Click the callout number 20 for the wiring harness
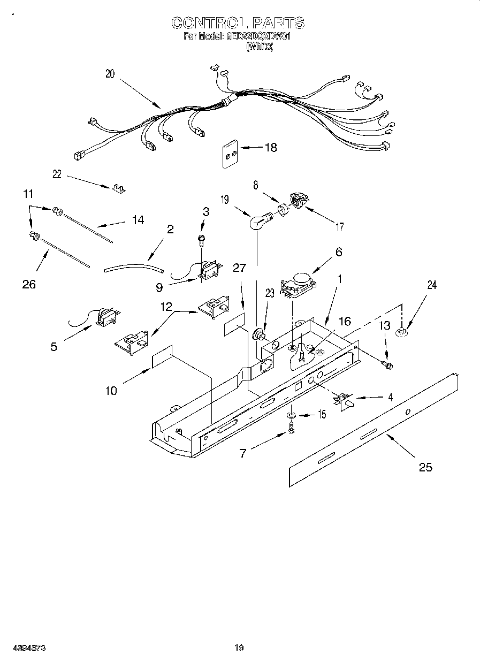pos(110,74)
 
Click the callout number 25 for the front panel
pos(425,467)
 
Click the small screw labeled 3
pos(202,239)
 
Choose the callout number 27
pos(239,268)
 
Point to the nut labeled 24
pos(401,333)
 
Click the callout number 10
pos(111,391)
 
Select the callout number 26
pos(29,284)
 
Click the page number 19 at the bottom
pos(239,648)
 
